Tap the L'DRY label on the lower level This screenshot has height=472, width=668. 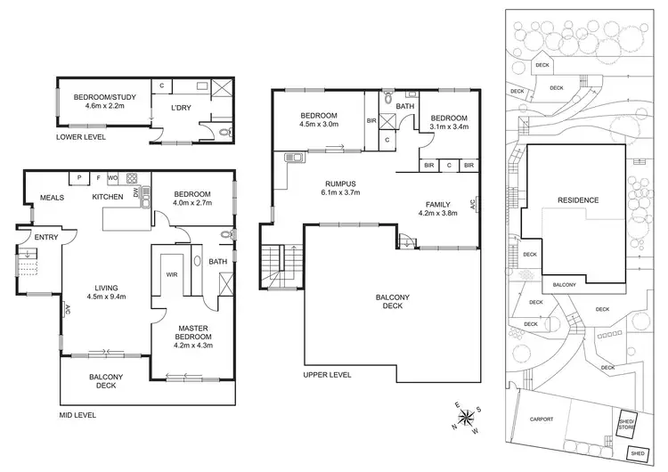pyautogui.click(x=182, y=109)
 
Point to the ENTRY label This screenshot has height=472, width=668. pyautogui.click(x=45, y=238)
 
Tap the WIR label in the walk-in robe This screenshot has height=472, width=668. pyautogui.click(x=172, y=275)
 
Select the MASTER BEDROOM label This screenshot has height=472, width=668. pyautogui.click(x=192, y=333)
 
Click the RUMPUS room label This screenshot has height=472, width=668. pyautogui.click(x=341, y=183)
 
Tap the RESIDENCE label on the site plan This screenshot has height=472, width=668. pyautogui.click(x=578, y=200)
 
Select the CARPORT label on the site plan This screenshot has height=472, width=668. pyautogui.click(x=542, y=419)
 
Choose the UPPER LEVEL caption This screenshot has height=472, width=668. pyautogui.click(x=327, y=375)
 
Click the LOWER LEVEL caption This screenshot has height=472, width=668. pyautogui.click(x=80, y=137)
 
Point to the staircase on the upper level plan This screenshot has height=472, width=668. pyautogui.click(x=280, y=264)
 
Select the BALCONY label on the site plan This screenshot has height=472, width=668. pyautogui.click(x=564, y=285)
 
